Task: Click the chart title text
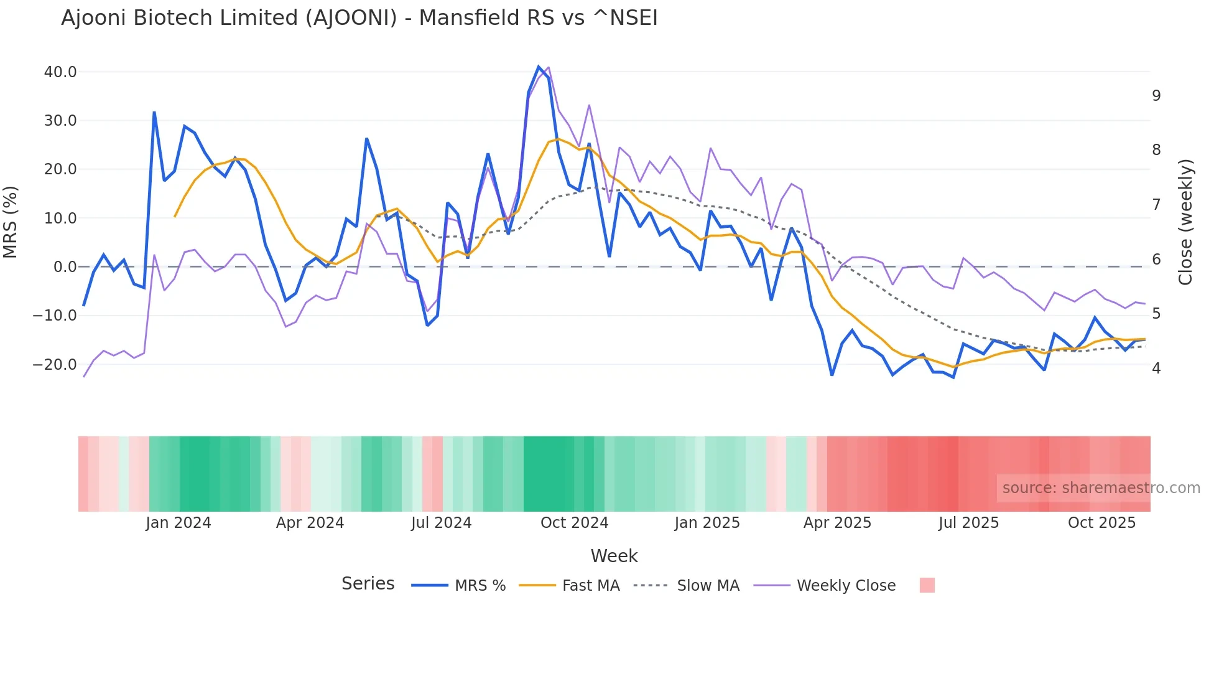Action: (359, 18)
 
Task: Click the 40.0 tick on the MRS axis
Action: (60, 72)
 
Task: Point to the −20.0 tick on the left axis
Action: (55, 365)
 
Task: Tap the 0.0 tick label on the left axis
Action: (65, 267)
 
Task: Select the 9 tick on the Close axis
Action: (1156, 96)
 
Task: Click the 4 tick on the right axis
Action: (1156, 369)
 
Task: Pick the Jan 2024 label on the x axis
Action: (178, 523)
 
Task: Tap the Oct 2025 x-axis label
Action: (1101, 523)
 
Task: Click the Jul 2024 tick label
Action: (441, 523)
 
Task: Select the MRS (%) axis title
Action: (11, 222)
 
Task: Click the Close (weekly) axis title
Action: (1185, 222)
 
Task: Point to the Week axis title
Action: (614, 556)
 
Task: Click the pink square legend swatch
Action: (927, 585)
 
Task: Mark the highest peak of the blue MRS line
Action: (539, 67)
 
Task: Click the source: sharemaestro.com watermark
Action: (1101, 488)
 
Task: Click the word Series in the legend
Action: (368, 584)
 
